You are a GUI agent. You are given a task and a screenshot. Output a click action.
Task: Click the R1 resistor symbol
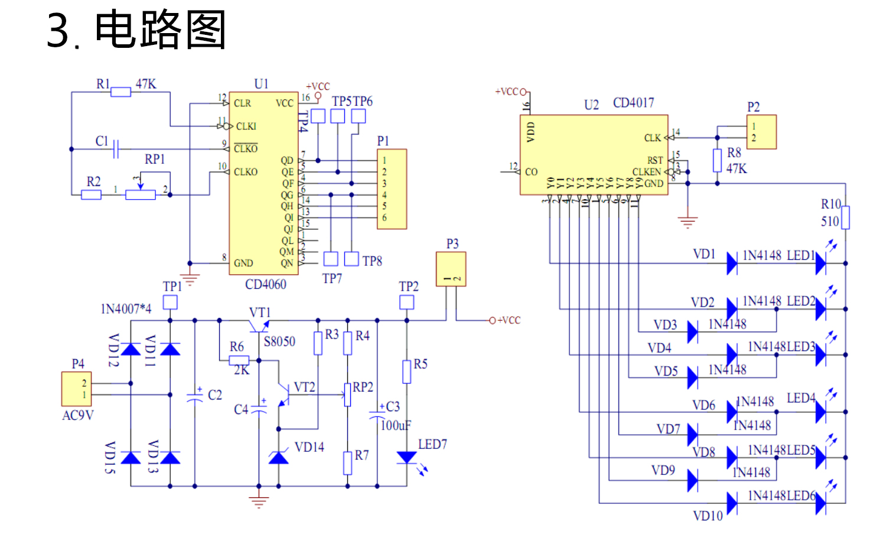(x=120, y=92)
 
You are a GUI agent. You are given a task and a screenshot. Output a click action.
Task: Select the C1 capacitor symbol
(x=116, y=149)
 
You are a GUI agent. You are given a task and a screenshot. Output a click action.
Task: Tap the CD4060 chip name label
(x=266, y=285)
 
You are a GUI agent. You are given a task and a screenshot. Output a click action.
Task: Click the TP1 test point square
(x=170, y=302)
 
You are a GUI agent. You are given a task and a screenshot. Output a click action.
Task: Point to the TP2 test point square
(x=406, y=302)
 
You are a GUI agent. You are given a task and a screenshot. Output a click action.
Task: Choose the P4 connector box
(x=77, y=389)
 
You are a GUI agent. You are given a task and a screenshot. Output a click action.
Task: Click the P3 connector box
(x=451, y=269)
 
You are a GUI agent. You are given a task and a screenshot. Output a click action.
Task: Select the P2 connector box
(x=761, y=132)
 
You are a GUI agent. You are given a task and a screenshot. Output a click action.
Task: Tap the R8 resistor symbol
(x=717, y=160)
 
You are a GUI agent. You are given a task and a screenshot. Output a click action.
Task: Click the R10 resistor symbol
(x=845, y=217)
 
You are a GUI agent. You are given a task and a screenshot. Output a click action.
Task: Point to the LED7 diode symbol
(x=406, y=457)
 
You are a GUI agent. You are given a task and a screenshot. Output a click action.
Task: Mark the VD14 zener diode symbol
(x=278, y=457)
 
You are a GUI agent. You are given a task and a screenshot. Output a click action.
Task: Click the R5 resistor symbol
(x=406, y=372)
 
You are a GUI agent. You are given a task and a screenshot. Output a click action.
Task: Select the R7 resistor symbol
(x=347, y=463)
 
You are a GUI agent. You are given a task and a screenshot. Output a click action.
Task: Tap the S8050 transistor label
(x=279, y=341)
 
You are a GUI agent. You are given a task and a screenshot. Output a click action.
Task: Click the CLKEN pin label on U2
(x=647, y=172)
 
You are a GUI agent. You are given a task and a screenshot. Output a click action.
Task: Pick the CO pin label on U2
(x=531, y=172)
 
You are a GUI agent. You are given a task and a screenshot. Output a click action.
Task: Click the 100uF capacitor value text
(x=396, y=425)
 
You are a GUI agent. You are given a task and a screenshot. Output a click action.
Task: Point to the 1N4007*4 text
(x=126, y=309)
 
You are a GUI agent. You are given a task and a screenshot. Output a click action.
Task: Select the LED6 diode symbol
(x=820, y=503)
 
